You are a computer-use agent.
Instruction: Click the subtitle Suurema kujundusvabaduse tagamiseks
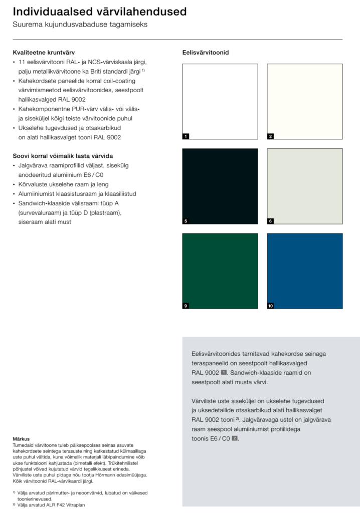point(80,25)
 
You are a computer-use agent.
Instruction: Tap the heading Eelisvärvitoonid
point(206,52)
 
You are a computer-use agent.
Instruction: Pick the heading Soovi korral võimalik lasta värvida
point(63,156)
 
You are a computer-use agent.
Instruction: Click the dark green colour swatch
point(220,271)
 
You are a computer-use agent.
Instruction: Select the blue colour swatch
point(304,271)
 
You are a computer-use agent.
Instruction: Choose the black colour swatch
point(220,186)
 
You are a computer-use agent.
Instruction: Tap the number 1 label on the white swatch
point(186,136)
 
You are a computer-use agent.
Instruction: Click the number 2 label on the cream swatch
point(270,136)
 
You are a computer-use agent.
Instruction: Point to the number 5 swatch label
point(186,221)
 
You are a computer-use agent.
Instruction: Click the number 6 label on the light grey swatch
point(270,221)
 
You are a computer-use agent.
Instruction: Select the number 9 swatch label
point(186,306)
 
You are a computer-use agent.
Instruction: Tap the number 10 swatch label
point(270,306)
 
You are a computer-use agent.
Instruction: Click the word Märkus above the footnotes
point(21,439)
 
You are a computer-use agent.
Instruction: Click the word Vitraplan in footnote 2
point(72,505)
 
